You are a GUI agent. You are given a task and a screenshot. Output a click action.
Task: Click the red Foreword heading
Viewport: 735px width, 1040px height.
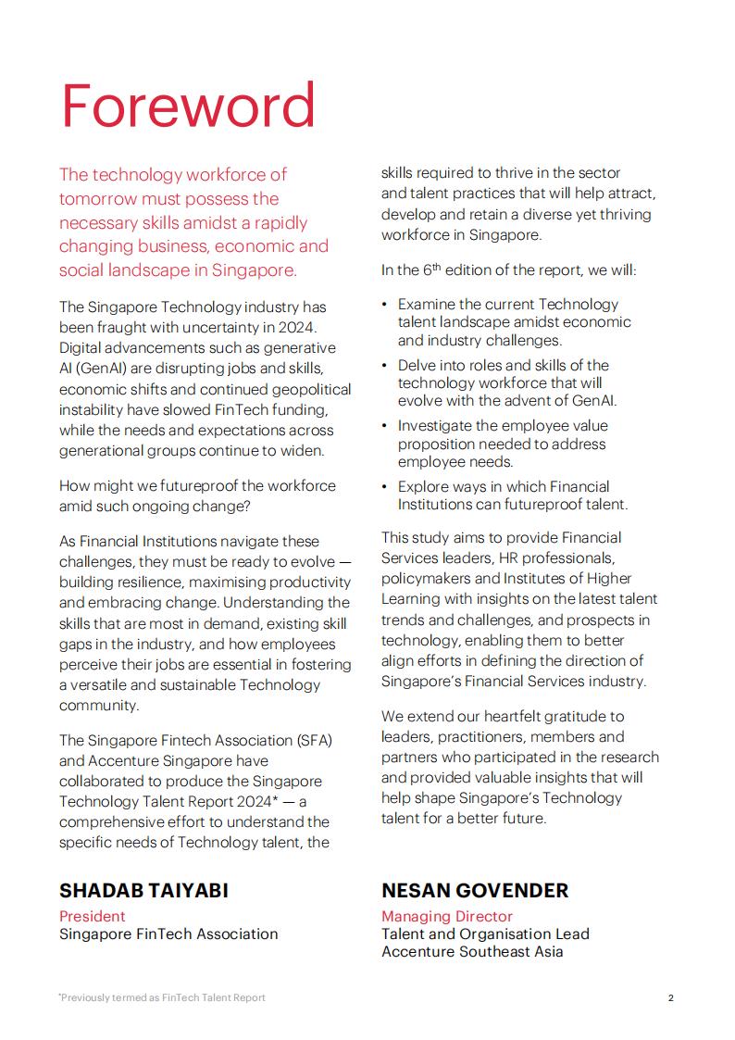coord(188,107)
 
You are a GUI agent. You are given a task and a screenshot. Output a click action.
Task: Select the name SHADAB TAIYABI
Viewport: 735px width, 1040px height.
coord(143,891)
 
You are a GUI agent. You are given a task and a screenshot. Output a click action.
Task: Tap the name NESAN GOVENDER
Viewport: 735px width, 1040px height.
coord(475,891)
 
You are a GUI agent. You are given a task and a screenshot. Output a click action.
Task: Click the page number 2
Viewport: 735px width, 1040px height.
coord(670,997)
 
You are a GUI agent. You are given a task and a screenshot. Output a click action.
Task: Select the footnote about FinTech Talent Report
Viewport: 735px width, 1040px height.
coord(162,997)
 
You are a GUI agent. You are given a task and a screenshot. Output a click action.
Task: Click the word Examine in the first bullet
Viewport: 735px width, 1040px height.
coord(428,304)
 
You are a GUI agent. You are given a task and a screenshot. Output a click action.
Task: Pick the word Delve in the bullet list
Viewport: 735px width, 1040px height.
coord(418,365)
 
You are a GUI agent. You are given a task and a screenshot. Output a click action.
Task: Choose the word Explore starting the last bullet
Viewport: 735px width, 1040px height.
coord(425,486)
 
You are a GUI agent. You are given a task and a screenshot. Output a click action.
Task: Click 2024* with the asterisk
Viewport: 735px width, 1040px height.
coord(250,801)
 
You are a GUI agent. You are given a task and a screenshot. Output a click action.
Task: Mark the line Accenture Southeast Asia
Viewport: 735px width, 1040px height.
coord(471,951)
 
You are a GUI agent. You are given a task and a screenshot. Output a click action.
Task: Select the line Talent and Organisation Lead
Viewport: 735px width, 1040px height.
coord(485,933)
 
